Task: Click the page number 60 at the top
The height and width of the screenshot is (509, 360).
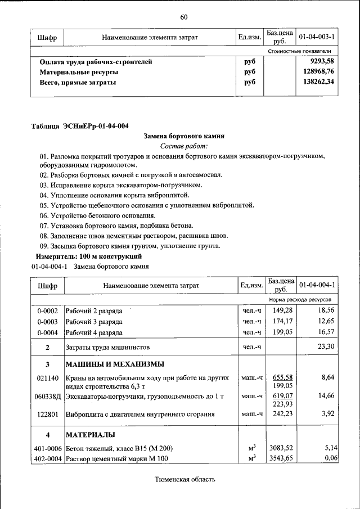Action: pos(183,16)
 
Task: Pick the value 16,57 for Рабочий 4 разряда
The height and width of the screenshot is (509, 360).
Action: pos(326,332)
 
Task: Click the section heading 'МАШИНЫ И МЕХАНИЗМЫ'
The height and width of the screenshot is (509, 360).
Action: pos(115,363)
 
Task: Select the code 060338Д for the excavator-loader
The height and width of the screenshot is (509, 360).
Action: pos(48,397)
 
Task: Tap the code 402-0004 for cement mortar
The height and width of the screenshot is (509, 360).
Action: pos(48,459)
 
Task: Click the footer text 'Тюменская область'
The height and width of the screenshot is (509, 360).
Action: pos(184,479)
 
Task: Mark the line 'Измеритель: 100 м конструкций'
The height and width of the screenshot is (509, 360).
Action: pos(85,256)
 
